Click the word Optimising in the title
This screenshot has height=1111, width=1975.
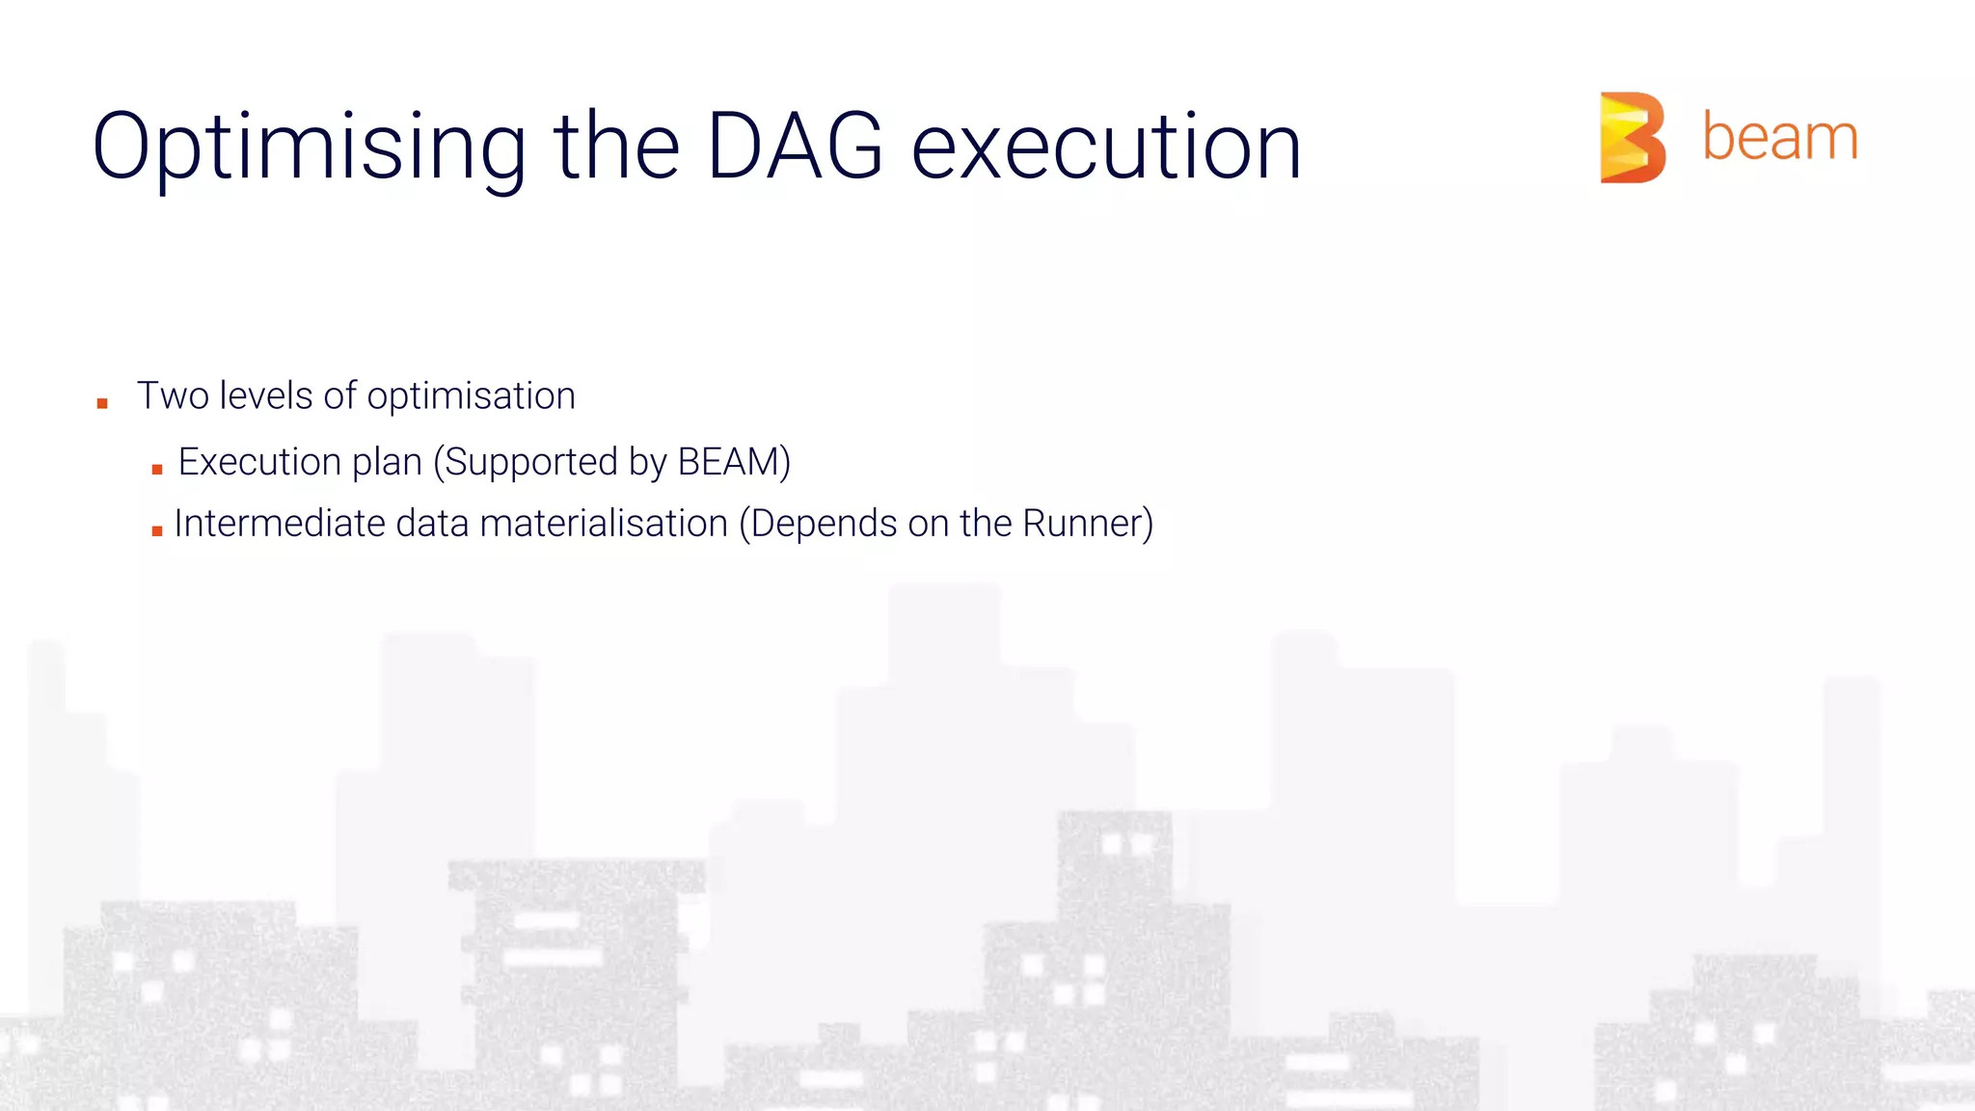(309, 147)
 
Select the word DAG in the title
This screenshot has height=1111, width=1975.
(795, 147)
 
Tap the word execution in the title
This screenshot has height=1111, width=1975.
(1106, 147)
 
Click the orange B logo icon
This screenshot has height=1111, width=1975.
(1632, 137)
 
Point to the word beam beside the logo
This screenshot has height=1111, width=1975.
(1779, 137)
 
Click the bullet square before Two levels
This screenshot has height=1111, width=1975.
(102, 403)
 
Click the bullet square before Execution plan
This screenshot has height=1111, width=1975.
(157, 469)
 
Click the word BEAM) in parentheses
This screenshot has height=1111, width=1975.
(734, 462)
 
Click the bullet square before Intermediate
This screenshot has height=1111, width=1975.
(157, 530)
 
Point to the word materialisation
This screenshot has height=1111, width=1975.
(603, 524)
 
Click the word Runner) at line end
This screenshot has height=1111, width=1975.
(1087, 524)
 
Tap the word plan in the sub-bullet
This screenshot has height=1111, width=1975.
(387, 463)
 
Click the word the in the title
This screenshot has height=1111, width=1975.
(616, 147)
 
